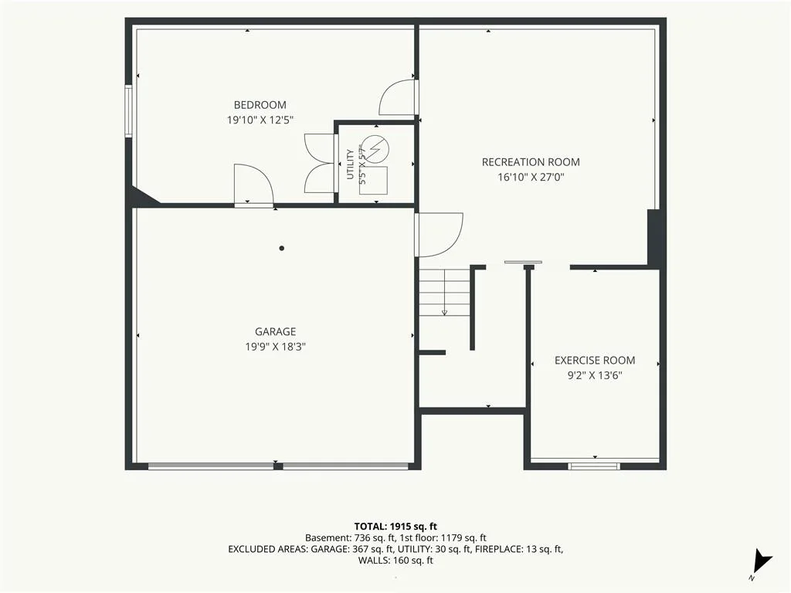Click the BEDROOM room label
(x=260, y=105)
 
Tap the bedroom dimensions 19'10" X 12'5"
(x=260, y=120)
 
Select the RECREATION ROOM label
(x=531, y=162)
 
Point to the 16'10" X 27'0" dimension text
(x=531, y=177)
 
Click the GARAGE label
(x=275, y=331)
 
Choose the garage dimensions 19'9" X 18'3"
(x=276, y=347)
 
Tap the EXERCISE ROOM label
(x=595, y=360)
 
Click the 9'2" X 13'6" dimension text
(x=595, y=375)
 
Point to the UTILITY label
(x=350, y=164)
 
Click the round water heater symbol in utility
(x=376, y=148)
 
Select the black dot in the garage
(x=281, y=248)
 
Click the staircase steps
(x=444, y=293)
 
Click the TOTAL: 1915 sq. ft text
(x=395, y=527)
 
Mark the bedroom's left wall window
(x=129, y=111)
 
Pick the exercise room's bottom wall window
(x=594, y=466)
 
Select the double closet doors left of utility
(x=321, y=163)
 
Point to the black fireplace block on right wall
(x=656, y=238)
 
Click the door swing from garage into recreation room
(x=439, y=235)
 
